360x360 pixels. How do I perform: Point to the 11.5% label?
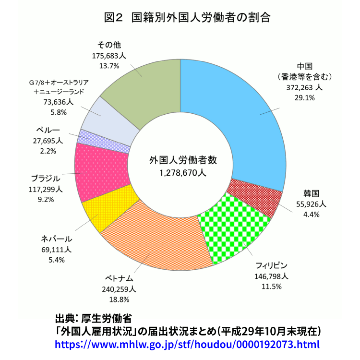click(x=271, y=286)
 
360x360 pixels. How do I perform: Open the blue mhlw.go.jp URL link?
click(x=187, y=344)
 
